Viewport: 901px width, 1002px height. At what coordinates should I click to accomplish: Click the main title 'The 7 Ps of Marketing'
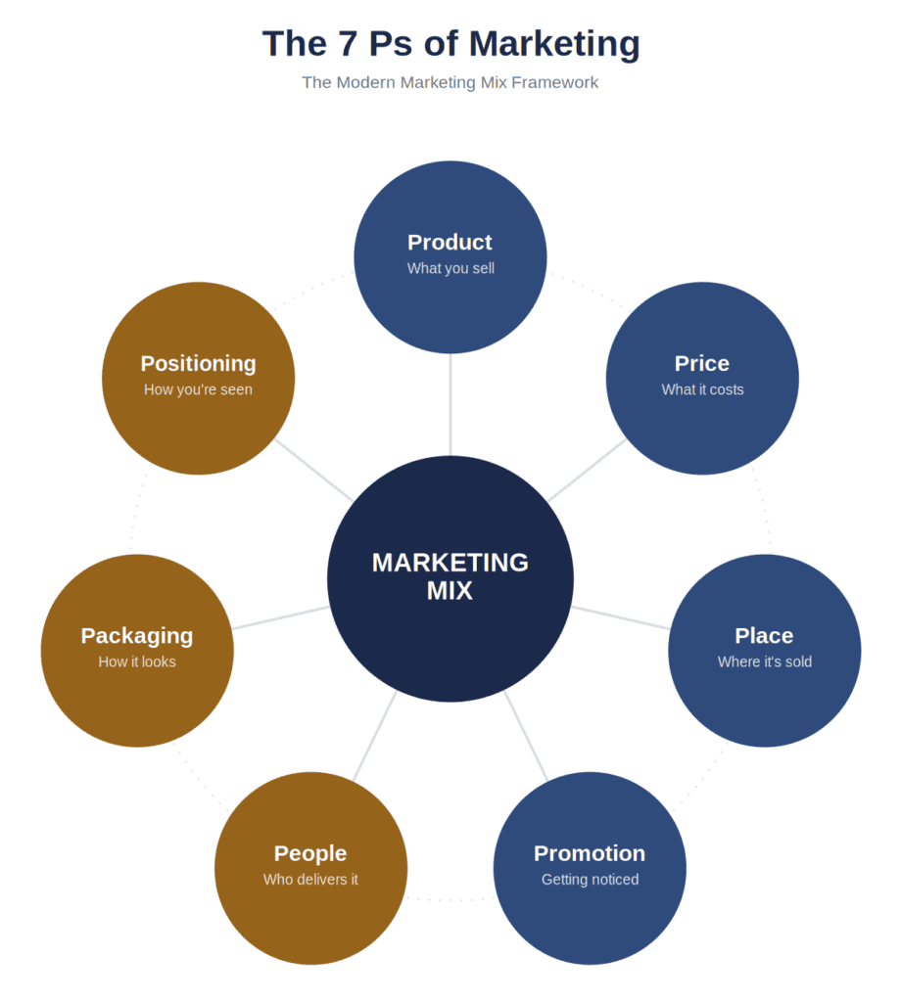pos(450,44)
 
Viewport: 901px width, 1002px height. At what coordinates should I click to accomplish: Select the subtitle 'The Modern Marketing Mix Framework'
pos(450,82)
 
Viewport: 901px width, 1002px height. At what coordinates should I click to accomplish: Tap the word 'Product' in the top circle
pos(450,243)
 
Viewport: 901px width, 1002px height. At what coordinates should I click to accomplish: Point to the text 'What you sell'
pos(450,268)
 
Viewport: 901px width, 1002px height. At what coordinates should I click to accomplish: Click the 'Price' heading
pos(702,363)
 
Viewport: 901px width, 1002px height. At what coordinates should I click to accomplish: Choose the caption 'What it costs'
pos(703,389)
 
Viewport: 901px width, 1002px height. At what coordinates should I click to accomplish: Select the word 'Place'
pos(764,635)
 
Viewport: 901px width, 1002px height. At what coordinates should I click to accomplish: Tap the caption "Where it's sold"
pos(765,661)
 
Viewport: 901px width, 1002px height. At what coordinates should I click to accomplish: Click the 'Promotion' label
pos(590,853)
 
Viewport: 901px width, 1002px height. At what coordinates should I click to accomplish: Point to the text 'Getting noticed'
pos(591,880)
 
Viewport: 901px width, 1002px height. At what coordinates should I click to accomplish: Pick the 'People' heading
pos(310,853)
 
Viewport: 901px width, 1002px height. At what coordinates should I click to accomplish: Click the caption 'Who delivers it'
pos(310,880)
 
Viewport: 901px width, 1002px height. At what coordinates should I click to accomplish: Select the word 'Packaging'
pos(137,636)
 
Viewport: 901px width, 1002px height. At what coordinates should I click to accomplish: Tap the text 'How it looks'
pos(137,661)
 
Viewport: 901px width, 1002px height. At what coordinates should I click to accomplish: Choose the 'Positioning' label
pos(198,364)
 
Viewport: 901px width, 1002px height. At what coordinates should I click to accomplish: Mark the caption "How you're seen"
pos(198,389)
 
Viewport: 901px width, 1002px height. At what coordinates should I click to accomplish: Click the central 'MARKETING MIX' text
pos(450,576)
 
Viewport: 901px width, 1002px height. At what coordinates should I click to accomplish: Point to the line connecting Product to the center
pos(450,404)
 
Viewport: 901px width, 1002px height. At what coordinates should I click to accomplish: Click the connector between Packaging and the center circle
pos(281,617)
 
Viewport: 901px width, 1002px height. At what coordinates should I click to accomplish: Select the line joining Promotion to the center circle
pos(526,736)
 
